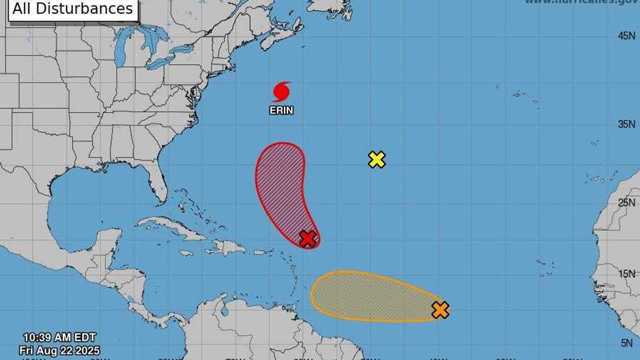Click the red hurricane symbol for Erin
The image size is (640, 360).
tap(281, 92)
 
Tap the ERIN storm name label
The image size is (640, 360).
tap(281, 110)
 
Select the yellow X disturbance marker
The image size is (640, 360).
tap(377, 160)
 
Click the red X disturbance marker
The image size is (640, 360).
tap(308, 239)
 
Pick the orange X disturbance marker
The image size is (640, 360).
tap(440, 310)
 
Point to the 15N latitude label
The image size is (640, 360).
tap(626, 274)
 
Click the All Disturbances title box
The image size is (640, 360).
tap(72, 9)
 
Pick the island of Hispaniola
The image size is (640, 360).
tap(226, 248)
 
